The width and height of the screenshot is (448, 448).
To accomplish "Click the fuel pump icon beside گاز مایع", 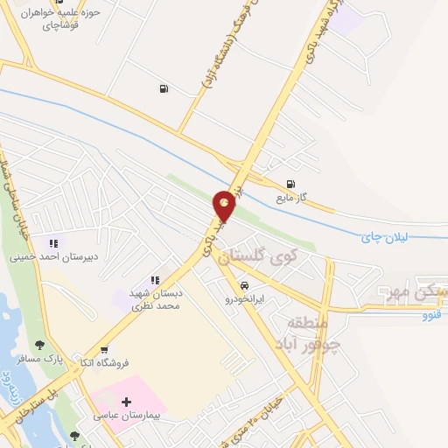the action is tap(290, 184).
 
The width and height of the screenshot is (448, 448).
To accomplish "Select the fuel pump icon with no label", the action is tap(164, 88).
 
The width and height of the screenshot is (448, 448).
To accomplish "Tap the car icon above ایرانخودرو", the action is tap(243, 285).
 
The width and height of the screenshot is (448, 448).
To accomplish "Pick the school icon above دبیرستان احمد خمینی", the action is tap(53, 243).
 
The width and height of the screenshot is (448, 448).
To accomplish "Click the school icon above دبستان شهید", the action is tap(155, 280).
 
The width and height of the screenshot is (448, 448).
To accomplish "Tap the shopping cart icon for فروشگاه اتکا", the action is tap(104, 348).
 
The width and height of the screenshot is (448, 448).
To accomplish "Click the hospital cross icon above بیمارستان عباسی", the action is tap(128, 401).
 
